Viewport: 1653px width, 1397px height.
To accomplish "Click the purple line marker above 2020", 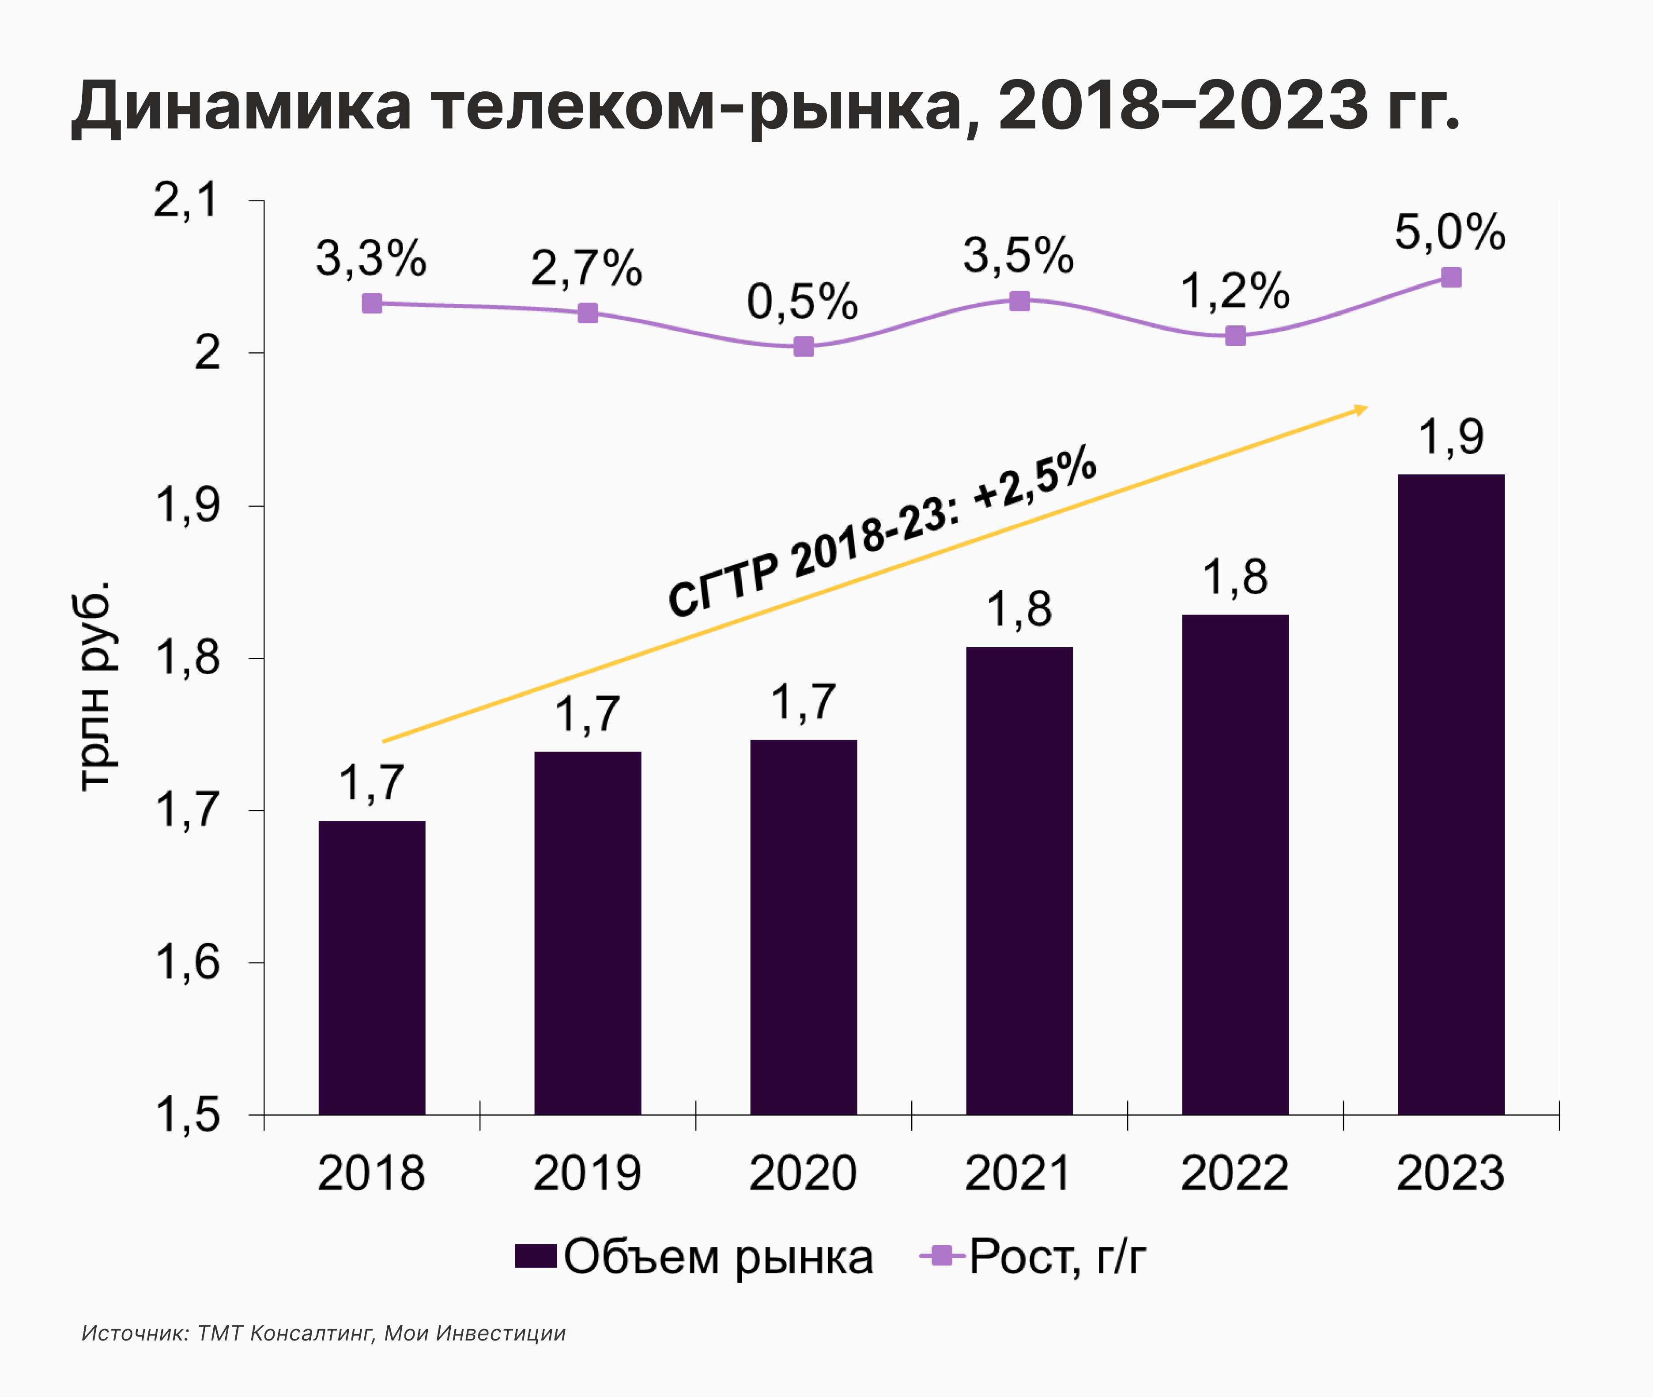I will (803, 346).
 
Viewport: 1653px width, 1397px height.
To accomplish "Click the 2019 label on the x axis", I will (587, 1173).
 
